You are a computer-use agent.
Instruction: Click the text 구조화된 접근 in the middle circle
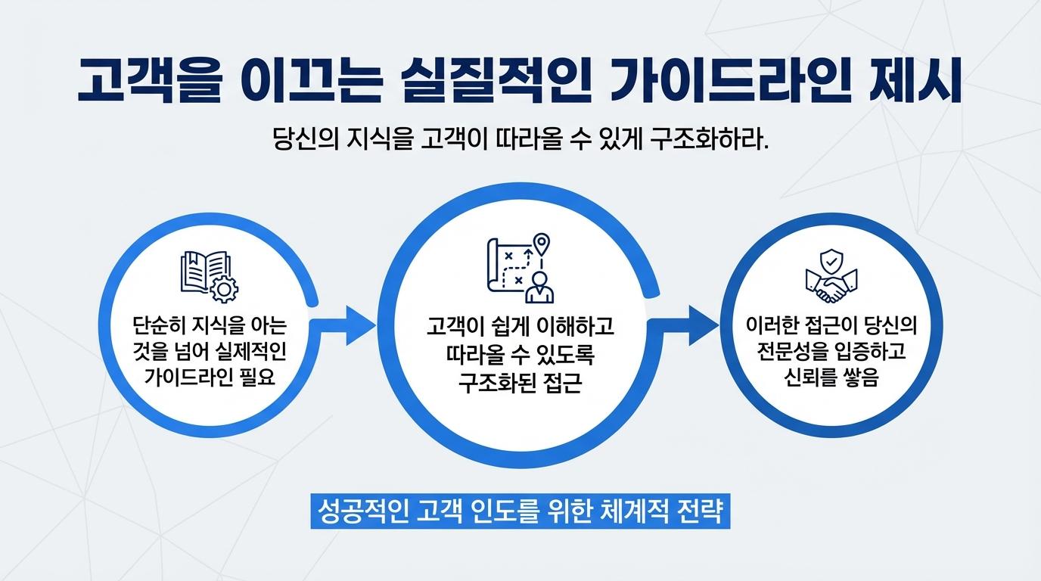click(520, 382)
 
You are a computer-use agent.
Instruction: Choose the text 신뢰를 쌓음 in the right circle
click(831, 378)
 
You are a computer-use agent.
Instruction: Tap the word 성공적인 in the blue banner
click(361, 511)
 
